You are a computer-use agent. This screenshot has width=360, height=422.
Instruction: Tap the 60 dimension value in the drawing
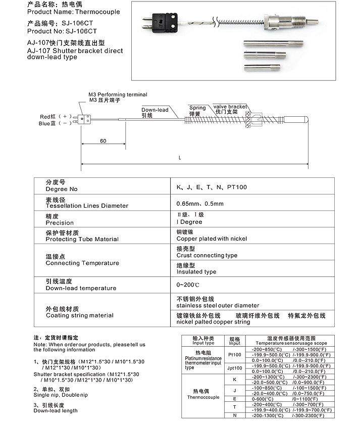click(103, 141)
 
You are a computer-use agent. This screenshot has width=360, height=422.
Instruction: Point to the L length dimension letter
click(180, 158)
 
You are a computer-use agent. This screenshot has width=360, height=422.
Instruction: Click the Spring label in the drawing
click(197, 108)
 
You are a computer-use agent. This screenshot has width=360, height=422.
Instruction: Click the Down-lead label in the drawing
click(155, 110)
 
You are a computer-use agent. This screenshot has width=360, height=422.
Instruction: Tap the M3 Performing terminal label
click(118, 95)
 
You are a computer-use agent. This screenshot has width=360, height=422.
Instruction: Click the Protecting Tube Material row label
click(82, 239)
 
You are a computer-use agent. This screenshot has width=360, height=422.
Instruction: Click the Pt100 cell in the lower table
click(235, 354)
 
